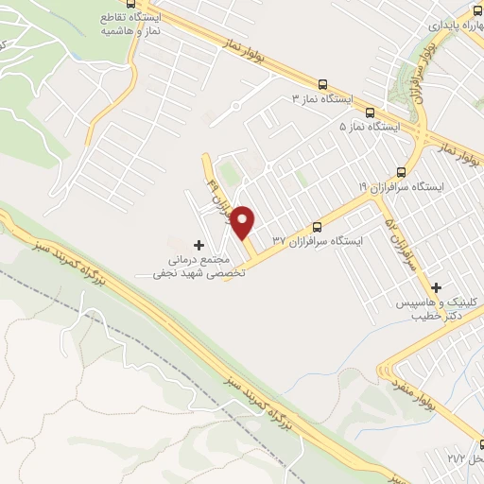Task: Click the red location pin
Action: (x=243, y=222)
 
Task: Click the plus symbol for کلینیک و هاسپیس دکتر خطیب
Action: (x=436, y=286)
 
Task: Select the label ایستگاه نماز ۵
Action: (x=371, y=126)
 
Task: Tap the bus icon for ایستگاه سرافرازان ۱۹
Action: (x=401, y=172)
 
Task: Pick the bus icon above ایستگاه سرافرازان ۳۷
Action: (x=317, y=227)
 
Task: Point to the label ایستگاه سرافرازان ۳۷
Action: (x=318, y=242)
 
